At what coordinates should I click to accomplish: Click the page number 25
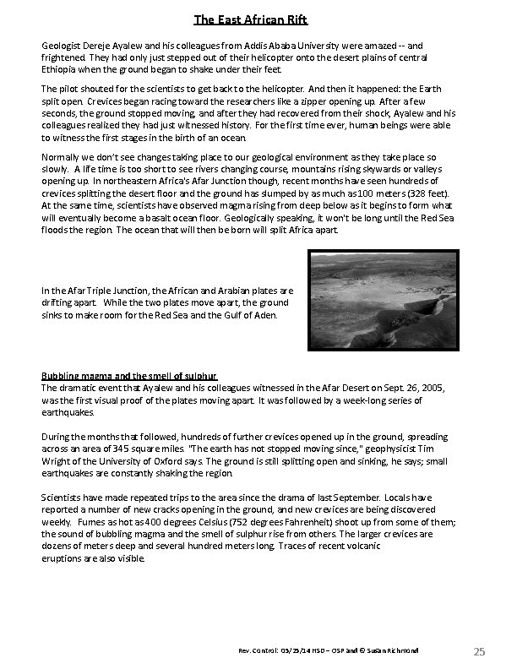479,650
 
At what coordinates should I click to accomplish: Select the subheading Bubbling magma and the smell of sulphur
130,375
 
